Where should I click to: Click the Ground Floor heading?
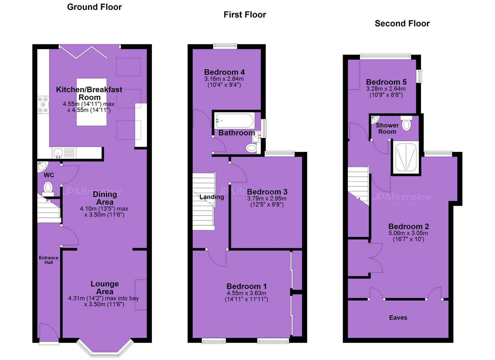(x=94, y=7)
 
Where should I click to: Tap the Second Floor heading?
(x=402, y=23)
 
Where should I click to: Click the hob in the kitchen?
(x=43, y=105)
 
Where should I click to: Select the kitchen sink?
(x=58, y=153)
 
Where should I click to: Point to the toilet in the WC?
(x=48, y=189)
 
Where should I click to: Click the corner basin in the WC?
(x=42, y=166)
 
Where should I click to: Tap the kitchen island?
(x=92, y=102)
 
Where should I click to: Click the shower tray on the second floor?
(x=406, y=157)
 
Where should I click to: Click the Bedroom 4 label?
(x=224, y=72)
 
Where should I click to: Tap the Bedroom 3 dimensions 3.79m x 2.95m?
(x=267, y=198)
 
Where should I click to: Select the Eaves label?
(x=398, y=318)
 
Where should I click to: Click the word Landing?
(x=212, y=197)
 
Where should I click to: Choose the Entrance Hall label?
(x=49, y=260)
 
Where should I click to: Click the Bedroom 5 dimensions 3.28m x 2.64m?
(x=386, y=89)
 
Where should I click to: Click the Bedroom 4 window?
(x=225, y=46)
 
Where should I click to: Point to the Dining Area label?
(x=105, y=198)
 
